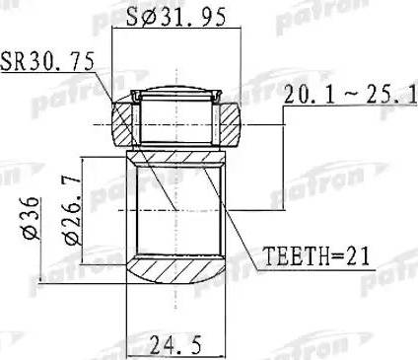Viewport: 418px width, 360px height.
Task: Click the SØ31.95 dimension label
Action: click(x=176, y=17)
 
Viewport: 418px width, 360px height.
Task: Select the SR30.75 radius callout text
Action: click(x=47, y=61)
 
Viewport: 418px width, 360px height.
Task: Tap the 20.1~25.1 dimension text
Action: click(x=351, y=94)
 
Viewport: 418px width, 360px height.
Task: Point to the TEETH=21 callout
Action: click(x=317, y=256)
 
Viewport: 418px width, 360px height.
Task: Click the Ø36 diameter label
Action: click(x=32, y=218)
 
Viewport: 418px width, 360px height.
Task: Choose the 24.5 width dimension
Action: click(x=175, y=345)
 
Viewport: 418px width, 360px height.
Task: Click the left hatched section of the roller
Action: click(x=122, y=125)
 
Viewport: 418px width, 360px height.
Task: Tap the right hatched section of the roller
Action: click(x=231, y=125)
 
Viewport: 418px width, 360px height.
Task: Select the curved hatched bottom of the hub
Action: click(x=176, y=269)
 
